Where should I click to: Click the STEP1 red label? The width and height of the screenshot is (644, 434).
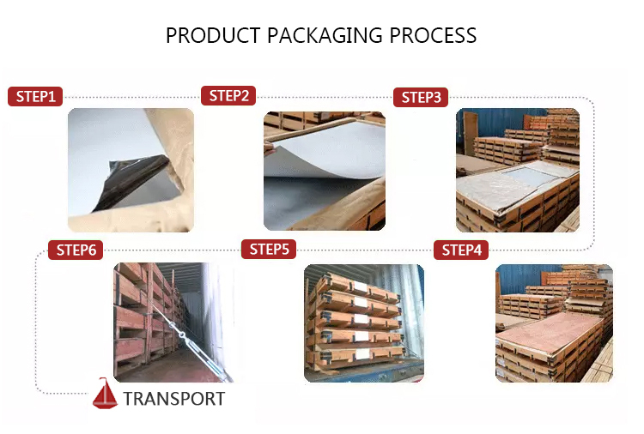[x=35, y=96]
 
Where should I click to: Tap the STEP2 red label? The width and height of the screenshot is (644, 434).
[x=228, y=95]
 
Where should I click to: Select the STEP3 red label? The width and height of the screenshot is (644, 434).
[x=421, y=97]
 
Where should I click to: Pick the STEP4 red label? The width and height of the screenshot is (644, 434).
[x=461, y=250]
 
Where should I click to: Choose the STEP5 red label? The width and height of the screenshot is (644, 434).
[x=269, y=249]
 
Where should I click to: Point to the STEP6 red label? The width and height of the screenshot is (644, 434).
[x=76, y=250]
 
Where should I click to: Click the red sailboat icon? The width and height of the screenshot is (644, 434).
[x=105, y=394]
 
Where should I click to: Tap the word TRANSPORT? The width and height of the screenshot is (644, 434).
[x=174, y=399]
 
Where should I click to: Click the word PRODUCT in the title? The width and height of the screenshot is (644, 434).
[x=213, y=35]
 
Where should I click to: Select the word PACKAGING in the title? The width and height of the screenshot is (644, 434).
[x=325, y=36]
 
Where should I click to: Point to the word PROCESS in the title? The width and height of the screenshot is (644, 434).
[x=433, y=35]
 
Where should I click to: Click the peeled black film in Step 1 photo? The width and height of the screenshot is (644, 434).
[x=131, y=180]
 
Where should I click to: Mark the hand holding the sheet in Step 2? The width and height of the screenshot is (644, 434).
[x=268, y=148]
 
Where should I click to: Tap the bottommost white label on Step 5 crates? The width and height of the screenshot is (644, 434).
[x=362, y=354]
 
